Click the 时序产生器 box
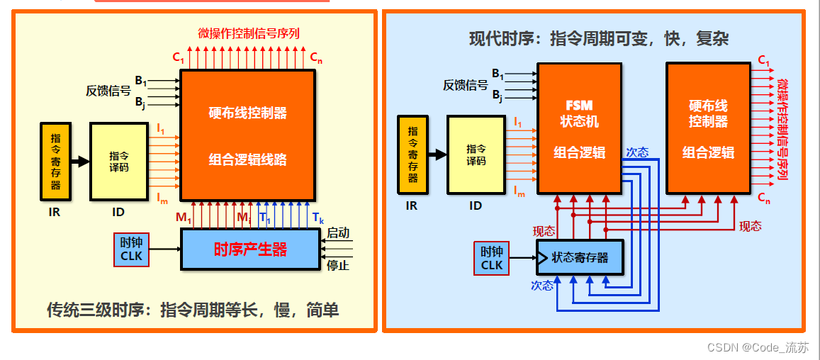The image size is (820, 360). pos(250,249)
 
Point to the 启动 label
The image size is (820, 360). pos(338,233)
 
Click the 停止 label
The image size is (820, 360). pos(338,266)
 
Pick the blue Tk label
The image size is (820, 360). pos(318,218)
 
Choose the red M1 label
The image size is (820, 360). pos(184,218)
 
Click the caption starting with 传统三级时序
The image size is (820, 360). pos(192,310)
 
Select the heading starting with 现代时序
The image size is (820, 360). pos(598,38)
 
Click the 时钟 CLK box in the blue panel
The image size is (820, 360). pos(492,258)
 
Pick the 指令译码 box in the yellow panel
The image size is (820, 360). pos(118,161)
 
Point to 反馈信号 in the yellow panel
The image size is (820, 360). pos(108,91)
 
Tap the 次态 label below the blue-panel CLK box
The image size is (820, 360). pos(542,286)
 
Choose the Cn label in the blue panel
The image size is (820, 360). pos(763,198)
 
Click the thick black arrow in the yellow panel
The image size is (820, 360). pos(79,162)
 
